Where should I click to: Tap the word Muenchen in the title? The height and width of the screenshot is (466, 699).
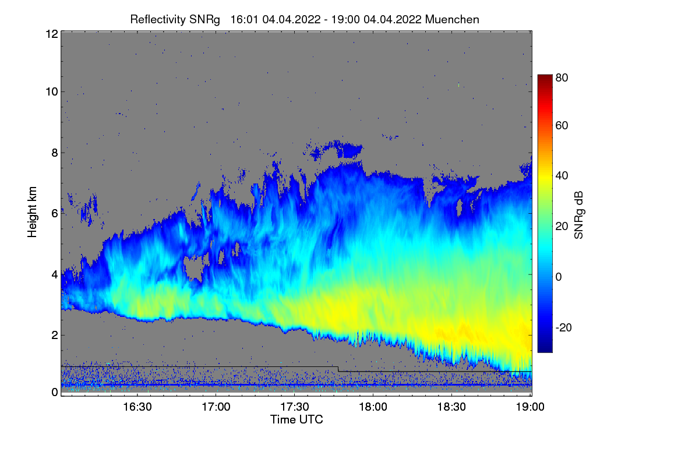(452, 19)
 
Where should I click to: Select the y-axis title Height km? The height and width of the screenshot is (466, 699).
(33, 213)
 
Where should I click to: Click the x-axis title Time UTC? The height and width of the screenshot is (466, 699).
(296, 419)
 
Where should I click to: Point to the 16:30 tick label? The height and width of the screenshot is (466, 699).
(137, 407)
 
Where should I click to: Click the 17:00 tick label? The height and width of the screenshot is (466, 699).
(216, 407)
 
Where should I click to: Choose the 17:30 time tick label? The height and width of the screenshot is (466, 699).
(295, 407)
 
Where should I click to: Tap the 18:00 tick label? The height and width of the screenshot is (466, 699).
(373, 407)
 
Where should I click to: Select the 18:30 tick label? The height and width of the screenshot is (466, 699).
(452, 407)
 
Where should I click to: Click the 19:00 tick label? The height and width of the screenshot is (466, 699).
(529, 407)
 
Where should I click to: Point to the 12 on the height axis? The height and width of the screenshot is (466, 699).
(51, 34)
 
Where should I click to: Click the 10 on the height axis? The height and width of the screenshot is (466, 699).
(51, 91)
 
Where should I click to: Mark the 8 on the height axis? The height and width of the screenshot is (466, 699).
(55, 153)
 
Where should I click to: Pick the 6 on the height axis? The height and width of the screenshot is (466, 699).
(55, 213)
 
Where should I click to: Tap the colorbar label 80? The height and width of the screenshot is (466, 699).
(562, 77)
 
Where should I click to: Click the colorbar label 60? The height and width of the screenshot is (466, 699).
(562, 126)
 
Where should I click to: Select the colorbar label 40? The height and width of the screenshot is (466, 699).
(562, 176)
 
